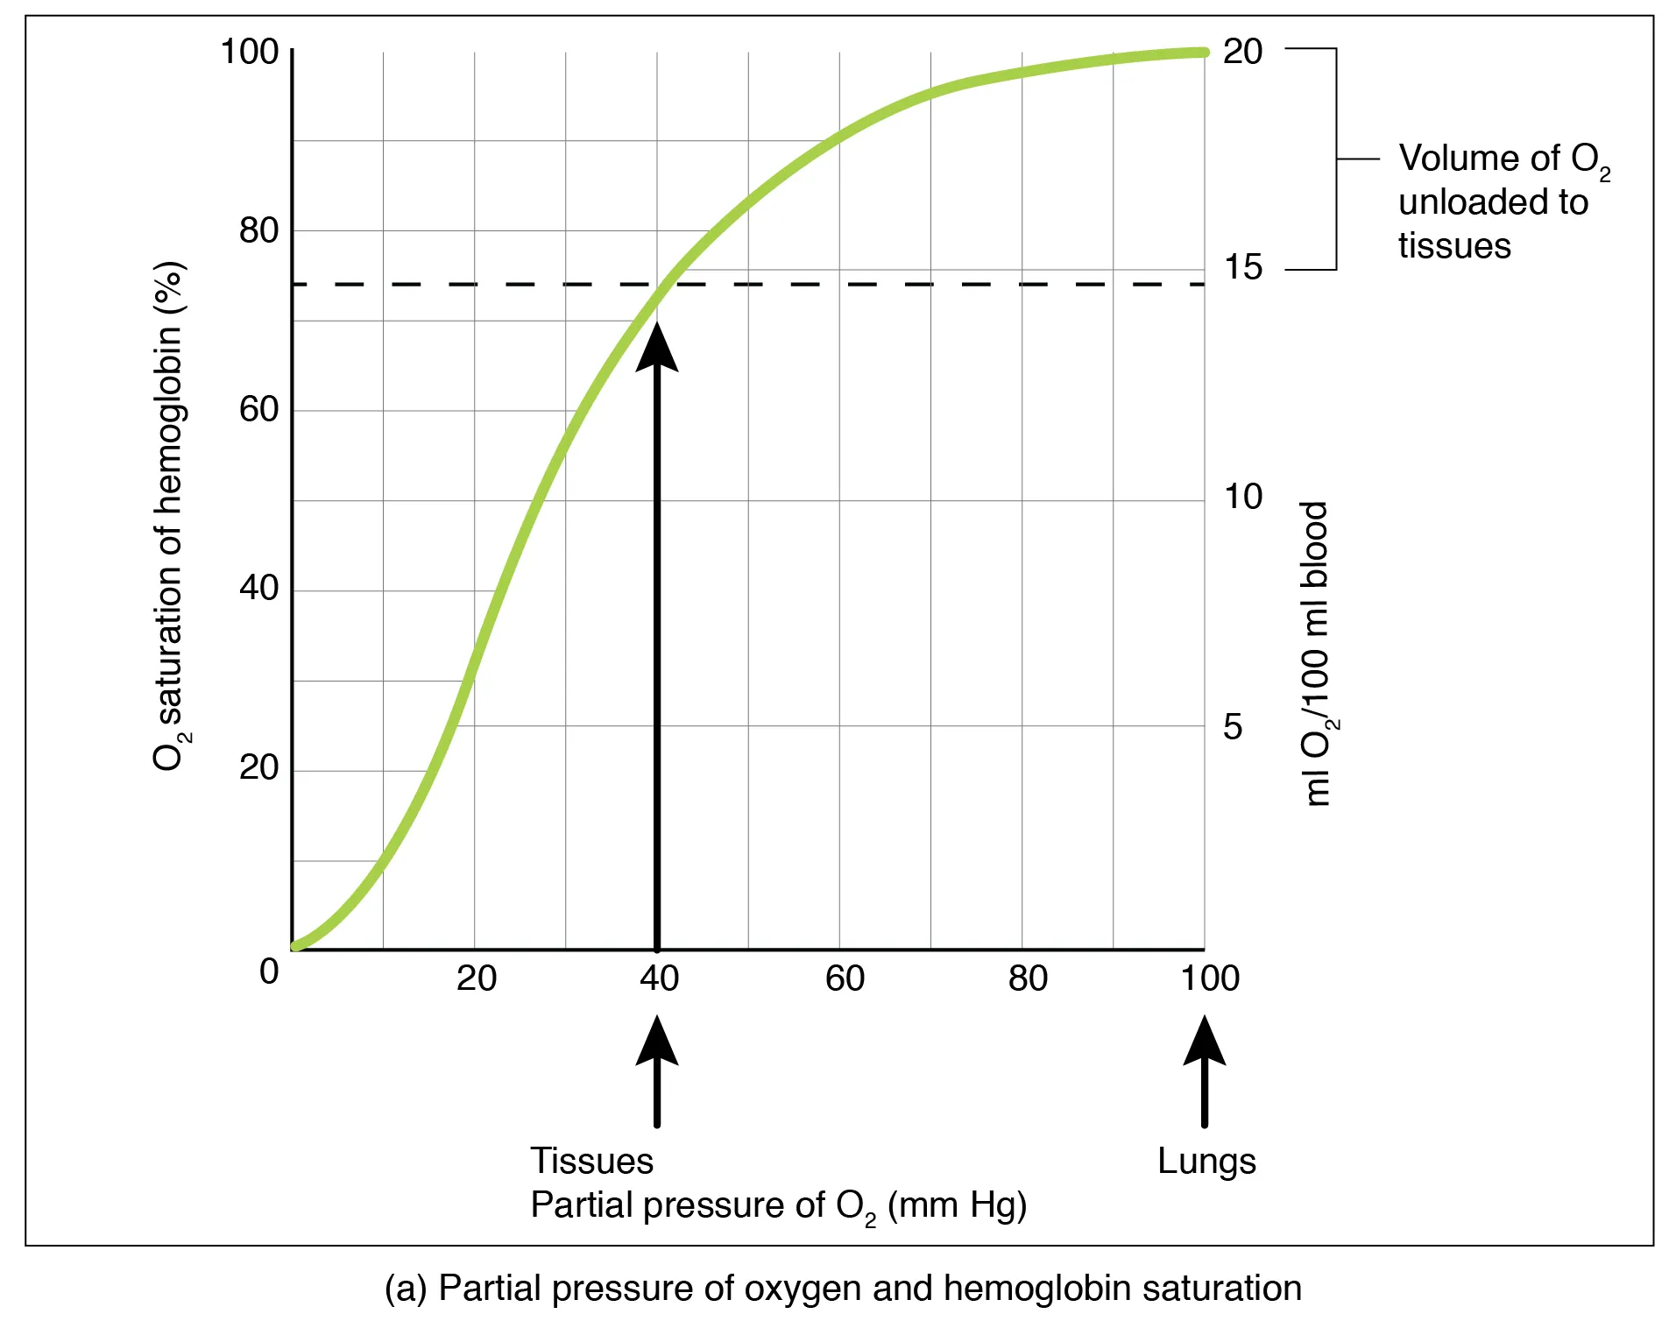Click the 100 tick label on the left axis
(249, 52)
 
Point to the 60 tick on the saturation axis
(258, 409)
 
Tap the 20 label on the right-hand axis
(1242, 52)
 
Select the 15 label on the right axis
(1242, 267)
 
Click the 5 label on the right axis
(1232, 727)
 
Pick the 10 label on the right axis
(1242, 497)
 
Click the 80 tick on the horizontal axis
(1027, 978)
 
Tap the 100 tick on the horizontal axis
(1209, 978)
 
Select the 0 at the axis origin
(269, 971)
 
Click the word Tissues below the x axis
(591, 1162)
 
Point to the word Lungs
(1206, 1162)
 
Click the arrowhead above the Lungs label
(1204, 1042)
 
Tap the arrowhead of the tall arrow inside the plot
(657, 349)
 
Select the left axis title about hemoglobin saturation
(169, 517)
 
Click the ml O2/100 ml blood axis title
(1317, 653)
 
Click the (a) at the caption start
(405, 1289)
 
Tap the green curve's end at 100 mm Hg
(1202, 53)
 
